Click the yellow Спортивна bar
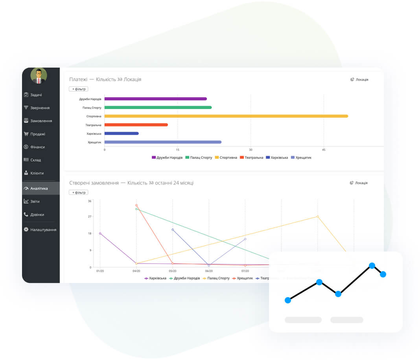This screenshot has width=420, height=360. (x=226, y=116)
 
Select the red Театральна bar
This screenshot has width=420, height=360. (x=136, y=125)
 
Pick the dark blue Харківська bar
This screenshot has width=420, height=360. (x=122, y=134)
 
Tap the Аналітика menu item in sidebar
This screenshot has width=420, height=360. (x=39, y=188)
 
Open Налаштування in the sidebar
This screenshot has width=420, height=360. (x=43, y=230)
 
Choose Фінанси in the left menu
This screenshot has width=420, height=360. (x=37, y=147)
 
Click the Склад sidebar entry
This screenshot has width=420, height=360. (x=35, y=160)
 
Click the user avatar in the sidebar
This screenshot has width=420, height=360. (x=39, y=75)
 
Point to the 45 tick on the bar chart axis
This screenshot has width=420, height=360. (x=324, y=150)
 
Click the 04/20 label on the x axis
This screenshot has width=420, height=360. (x=136, y=271)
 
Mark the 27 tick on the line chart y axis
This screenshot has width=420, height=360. (x=90, y=217)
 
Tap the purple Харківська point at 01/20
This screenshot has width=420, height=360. (x=100, y=233)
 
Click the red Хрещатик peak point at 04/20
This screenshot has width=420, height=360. (x=136, y=205)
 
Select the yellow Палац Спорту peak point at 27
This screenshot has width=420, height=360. (x=318, y=217)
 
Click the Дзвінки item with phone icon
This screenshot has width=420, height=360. (x=37, y=215)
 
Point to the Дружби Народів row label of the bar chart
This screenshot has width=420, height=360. (x=90, y=99)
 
